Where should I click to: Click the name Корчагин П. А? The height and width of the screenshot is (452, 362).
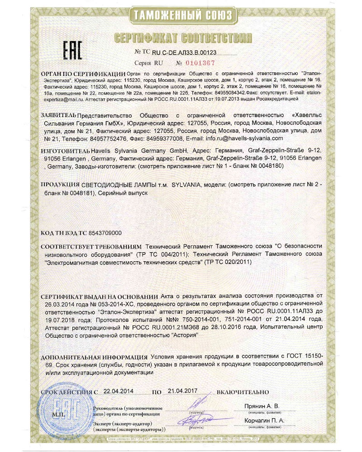265,420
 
